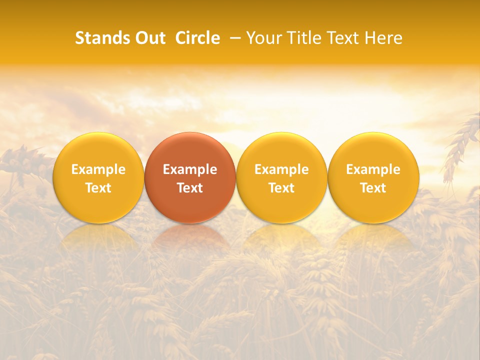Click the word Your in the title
coord(262,38)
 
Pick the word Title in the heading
coord(301,38)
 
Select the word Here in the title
coord(383,38)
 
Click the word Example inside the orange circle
coord(190,169)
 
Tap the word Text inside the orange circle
coord(190,188)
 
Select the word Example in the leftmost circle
coord(98,169)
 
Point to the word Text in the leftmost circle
coord(98,188)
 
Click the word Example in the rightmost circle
coord(373,169)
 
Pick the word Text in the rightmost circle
coord(373,188)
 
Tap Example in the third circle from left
coord(281,169)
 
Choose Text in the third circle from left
coord(281,188)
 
